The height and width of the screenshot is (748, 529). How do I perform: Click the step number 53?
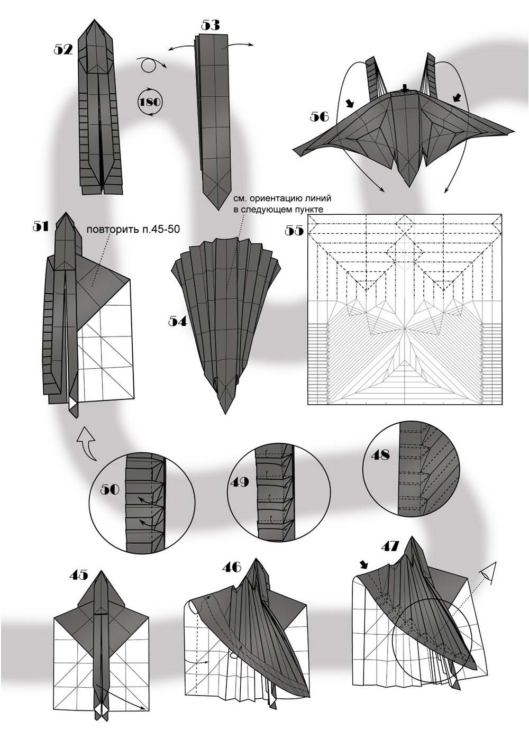click(211, 25)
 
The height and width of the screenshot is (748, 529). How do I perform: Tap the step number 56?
click(320, 115)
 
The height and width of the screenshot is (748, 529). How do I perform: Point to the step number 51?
click(41, 226)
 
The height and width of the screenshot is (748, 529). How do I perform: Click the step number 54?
click(178, 321)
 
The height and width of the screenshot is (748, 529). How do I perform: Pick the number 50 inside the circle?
click(111, 488)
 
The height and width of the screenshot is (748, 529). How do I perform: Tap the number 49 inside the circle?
click(239, 482)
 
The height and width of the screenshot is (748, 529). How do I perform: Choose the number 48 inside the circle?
click(379, 454)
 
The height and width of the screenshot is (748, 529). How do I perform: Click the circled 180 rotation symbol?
click(149, 101)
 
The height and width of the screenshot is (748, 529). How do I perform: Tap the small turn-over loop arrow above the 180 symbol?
click(150, 65)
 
